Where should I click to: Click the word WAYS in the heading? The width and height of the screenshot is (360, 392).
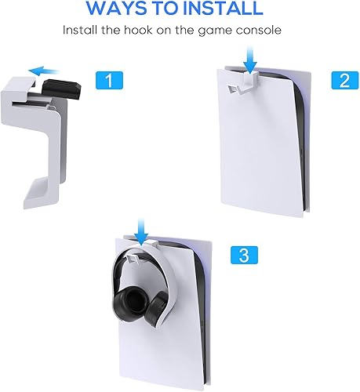pyautogui.click(x=116, y=9)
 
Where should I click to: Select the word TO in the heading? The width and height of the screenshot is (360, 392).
pyautogui.click(x=167, y=9)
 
